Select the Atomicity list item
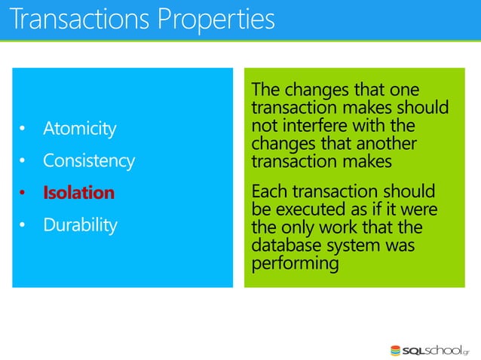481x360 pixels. pyautogui.click(x=79, y=129)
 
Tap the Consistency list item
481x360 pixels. pyautogui.click(x=88, y=160)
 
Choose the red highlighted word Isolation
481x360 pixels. pyautogui.click(x=78, y=193)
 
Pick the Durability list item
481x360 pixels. pyautogui.click(x=80, y=224)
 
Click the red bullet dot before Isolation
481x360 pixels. pyautogui.click(x=23, y=194)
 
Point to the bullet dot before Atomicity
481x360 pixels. pyautogui.click(x=23, y=130)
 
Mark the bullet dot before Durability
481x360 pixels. pyautogui.click(x=23, y=225)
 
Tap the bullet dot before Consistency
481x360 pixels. pyautogui.click(x=23, y=161)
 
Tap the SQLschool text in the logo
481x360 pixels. pyautogui.click(x=437, y=350)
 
